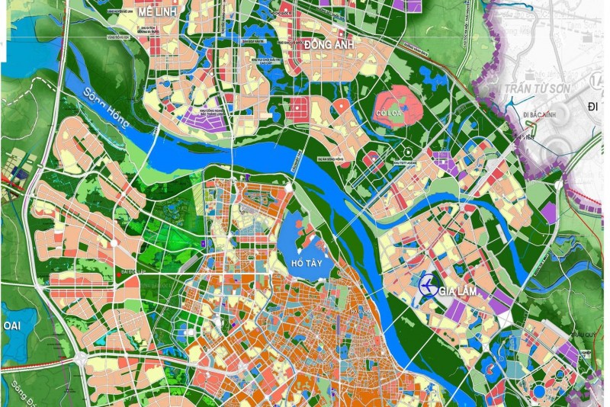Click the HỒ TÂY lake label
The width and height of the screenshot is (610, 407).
[307, 263]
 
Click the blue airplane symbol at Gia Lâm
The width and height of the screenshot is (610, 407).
[429, 287]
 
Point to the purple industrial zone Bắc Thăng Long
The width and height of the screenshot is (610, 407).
[204, 117]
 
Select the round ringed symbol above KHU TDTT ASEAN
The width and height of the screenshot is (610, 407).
[407, 151]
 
